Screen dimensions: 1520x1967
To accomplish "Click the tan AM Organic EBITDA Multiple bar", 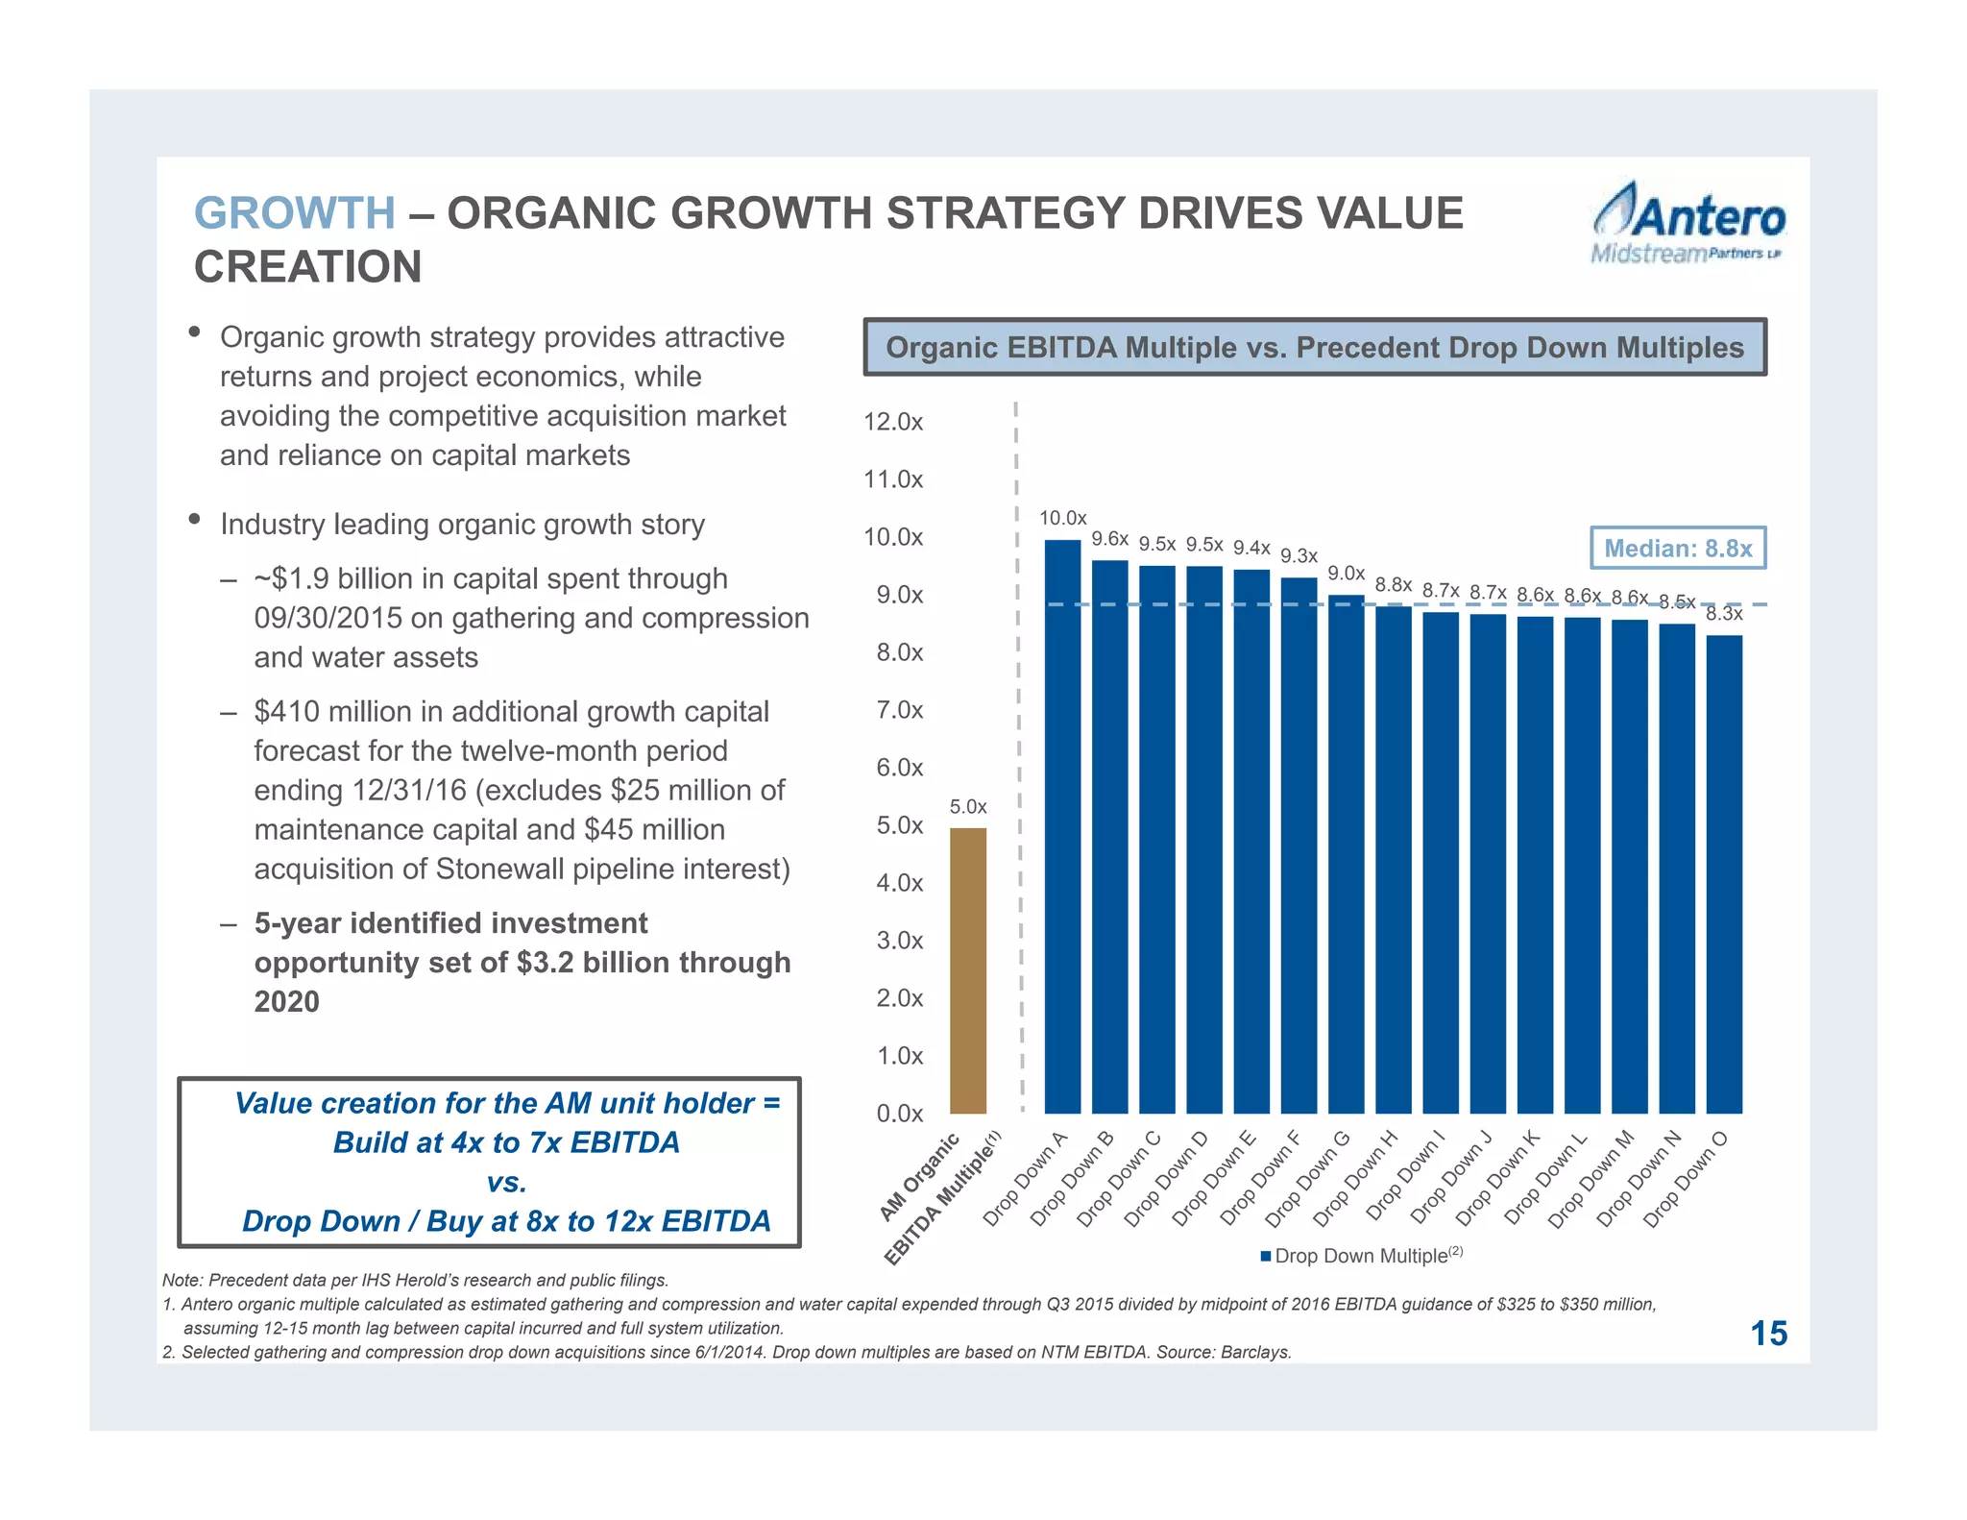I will [x=967, y=970].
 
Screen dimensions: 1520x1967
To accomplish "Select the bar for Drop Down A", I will [x=1062, y=826].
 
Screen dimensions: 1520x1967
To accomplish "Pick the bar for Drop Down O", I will [x=1724, y=874].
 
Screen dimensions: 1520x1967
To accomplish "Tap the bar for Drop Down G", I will [x=1346, y=855].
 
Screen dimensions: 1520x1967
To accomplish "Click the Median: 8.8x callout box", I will [x=1677, y=549].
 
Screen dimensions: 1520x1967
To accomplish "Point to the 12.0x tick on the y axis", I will [x=893, y=422].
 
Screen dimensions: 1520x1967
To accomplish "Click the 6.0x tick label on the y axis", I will [x=899, y=768].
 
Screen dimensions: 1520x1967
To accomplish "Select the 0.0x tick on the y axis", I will [x=899, y=1114].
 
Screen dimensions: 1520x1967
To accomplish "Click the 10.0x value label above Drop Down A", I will [x=1062, y=519].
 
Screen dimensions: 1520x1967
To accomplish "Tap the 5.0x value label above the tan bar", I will [x=967, y=807].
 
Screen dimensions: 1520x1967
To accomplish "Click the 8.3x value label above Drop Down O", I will [x=1724, y=614].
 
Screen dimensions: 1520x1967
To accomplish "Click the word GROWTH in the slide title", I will [x=294, y=213].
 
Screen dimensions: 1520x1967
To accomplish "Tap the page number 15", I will [x=1768, y=1334].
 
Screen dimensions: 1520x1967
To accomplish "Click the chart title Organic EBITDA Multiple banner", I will [x=1314, y=347].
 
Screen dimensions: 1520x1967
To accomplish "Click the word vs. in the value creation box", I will [x=506, y=1182].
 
